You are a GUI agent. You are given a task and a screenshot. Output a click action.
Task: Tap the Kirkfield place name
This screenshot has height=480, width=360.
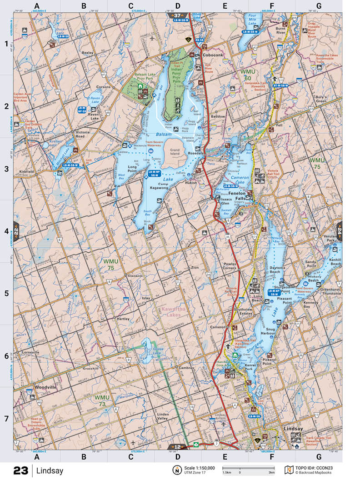click(28, 171)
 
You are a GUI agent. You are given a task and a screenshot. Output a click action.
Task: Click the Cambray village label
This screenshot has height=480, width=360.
click(186, 367)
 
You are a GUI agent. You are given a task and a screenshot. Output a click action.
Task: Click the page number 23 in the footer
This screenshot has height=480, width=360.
click(21, 470)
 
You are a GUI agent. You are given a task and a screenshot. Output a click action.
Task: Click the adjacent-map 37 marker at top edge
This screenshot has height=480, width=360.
click(177, 15)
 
